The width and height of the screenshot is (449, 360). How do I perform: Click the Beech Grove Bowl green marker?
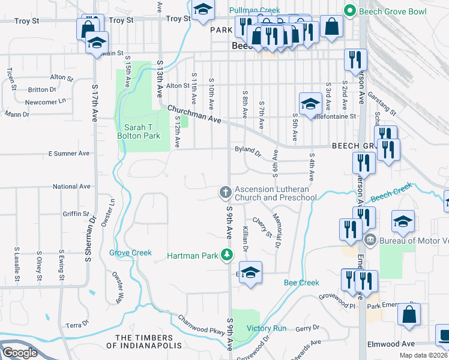click(348, 11)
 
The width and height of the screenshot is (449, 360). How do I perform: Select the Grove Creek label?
click(130, 253)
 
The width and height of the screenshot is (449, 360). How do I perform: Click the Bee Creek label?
click(301, 283)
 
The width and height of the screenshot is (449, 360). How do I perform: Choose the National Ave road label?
click(71, 187)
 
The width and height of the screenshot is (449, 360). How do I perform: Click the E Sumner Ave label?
click(68, 154)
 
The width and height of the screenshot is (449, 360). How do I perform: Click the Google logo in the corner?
click(20, 353)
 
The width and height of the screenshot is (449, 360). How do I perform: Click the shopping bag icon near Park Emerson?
click(409, 315)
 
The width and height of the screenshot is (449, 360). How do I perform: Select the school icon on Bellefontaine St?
click(310, 104)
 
